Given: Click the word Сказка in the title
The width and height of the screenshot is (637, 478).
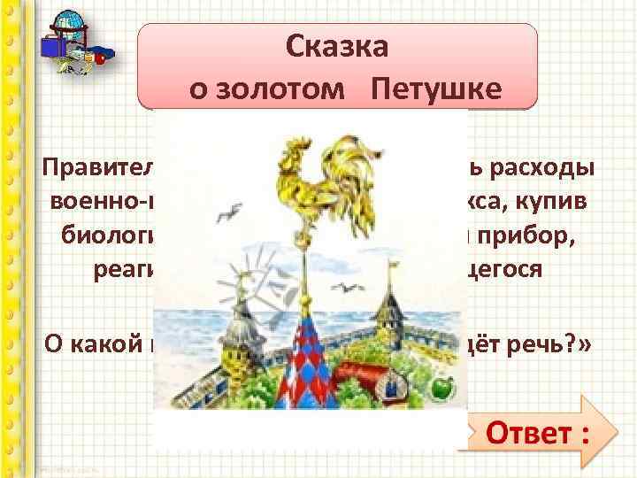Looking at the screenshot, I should point(337,47).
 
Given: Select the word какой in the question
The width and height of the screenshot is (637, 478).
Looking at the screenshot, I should point(110,343).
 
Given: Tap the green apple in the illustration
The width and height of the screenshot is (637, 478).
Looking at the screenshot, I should point(441,387).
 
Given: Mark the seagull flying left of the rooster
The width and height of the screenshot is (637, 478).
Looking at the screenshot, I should point(233,212).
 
